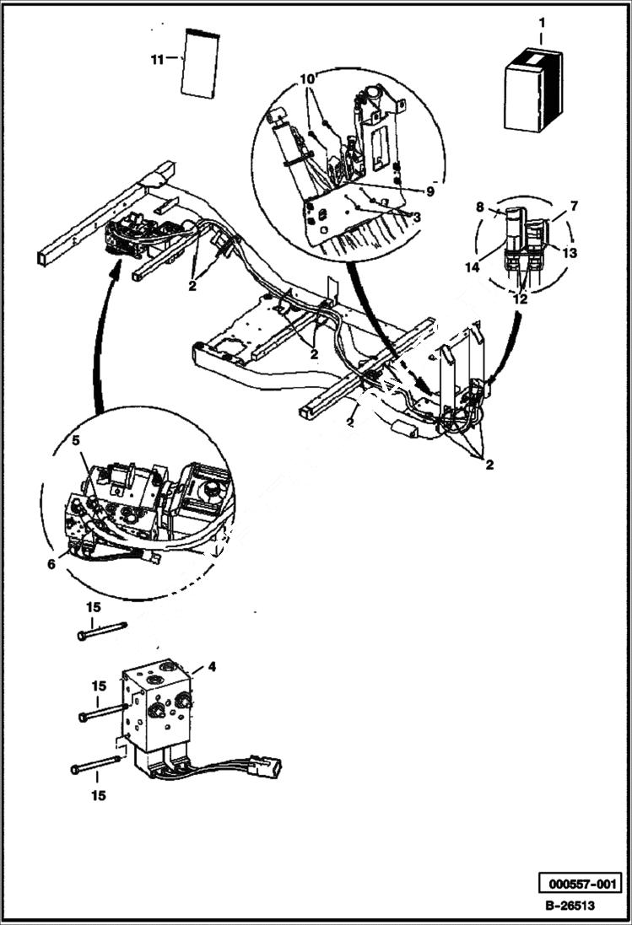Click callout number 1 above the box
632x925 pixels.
click(542, 23)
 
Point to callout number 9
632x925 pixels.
click(429, 191)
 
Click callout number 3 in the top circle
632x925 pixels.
click(417, 218)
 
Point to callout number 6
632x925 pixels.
click(51, 564)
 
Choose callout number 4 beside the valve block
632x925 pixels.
click(212, 666)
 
